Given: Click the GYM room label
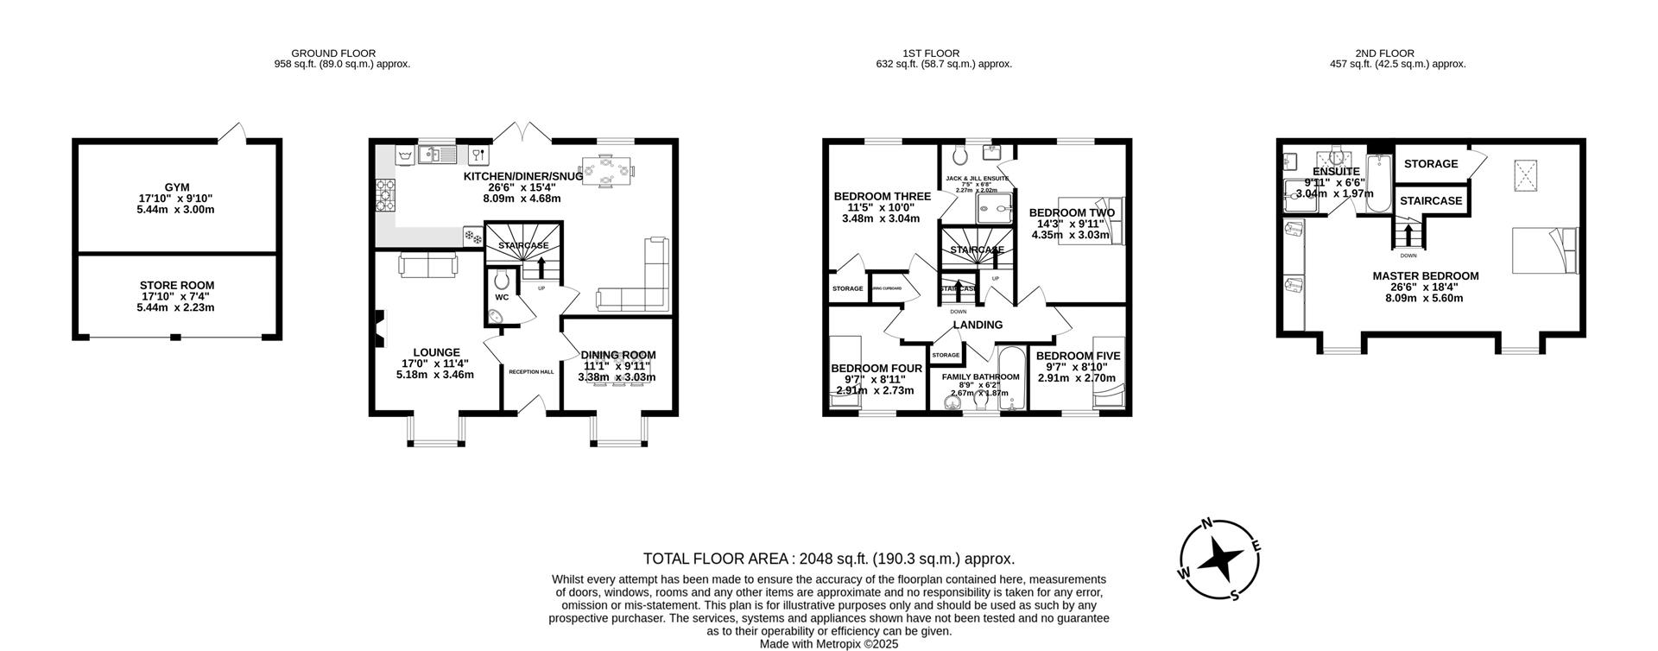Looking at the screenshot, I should point(176,187).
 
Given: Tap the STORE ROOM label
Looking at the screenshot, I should point(176,285).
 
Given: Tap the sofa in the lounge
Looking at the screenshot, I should point(428,265).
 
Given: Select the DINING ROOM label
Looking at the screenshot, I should point(617,355).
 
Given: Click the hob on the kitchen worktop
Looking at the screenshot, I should point(384,195).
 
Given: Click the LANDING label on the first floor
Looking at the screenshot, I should point(978,325).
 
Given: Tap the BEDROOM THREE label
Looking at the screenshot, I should point(882,197).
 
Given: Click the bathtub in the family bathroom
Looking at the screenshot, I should point(1011,380).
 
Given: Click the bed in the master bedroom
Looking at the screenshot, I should point(1544,250).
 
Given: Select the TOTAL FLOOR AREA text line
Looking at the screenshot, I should point(828,559).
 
